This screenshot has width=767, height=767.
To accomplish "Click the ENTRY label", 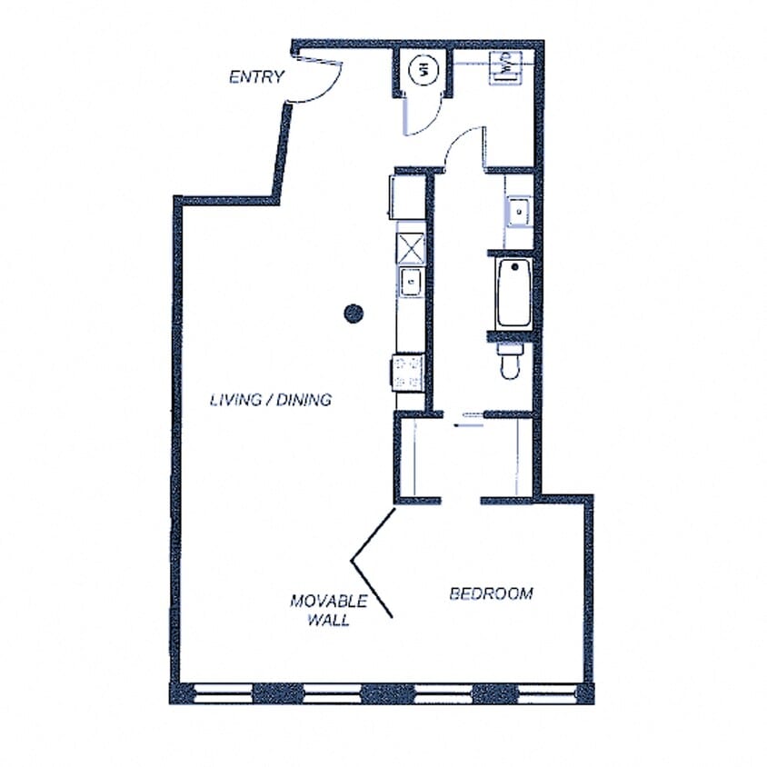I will click(x=257, y=77).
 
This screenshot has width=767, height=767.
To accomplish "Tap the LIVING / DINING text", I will click(x=271, y=399).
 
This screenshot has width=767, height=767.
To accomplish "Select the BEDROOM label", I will click(x=492, y=593).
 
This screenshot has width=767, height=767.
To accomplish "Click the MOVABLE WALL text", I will click(x=329, y=611).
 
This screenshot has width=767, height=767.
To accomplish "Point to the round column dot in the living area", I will click(x=354, y=314).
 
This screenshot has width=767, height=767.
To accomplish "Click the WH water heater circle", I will click(x=423, y=68).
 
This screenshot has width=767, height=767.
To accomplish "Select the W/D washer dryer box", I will click(x=505, y=65).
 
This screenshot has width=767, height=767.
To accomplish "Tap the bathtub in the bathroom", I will click(x=513, y=293).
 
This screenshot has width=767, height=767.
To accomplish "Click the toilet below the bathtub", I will click(x=510, y=360).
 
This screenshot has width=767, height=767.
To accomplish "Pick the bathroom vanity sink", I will click(x=519, y=212).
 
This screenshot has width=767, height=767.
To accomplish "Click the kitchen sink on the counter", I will click(x=411, y=281).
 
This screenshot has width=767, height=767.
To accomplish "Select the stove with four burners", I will click(x=409, y=371).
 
